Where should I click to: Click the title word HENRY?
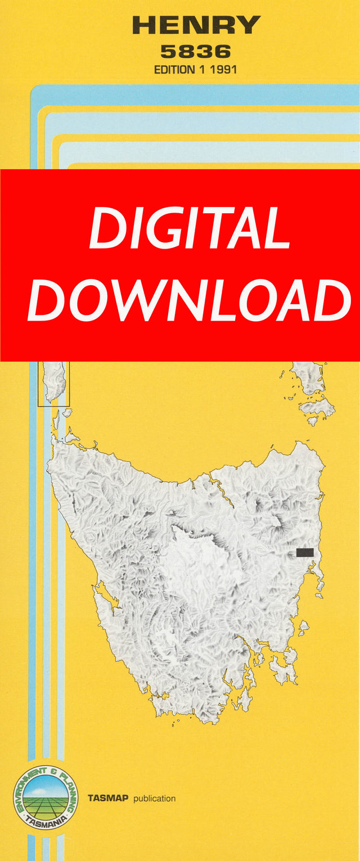pos(196,25)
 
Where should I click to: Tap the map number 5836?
pos(195,52)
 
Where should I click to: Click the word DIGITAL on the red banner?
pos(190,229)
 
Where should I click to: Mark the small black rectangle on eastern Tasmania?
pos(305,552)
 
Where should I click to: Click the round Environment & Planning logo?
pos(46,797)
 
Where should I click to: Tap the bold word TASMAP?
pos(109,799)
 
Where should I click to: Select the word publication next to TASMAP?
pos(154,799)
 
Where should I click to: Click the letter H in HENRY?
pos(143,25)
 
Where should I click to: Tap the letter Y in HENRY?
pos(249,25)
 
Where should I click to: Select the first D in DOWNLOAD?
pos(47,300)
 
